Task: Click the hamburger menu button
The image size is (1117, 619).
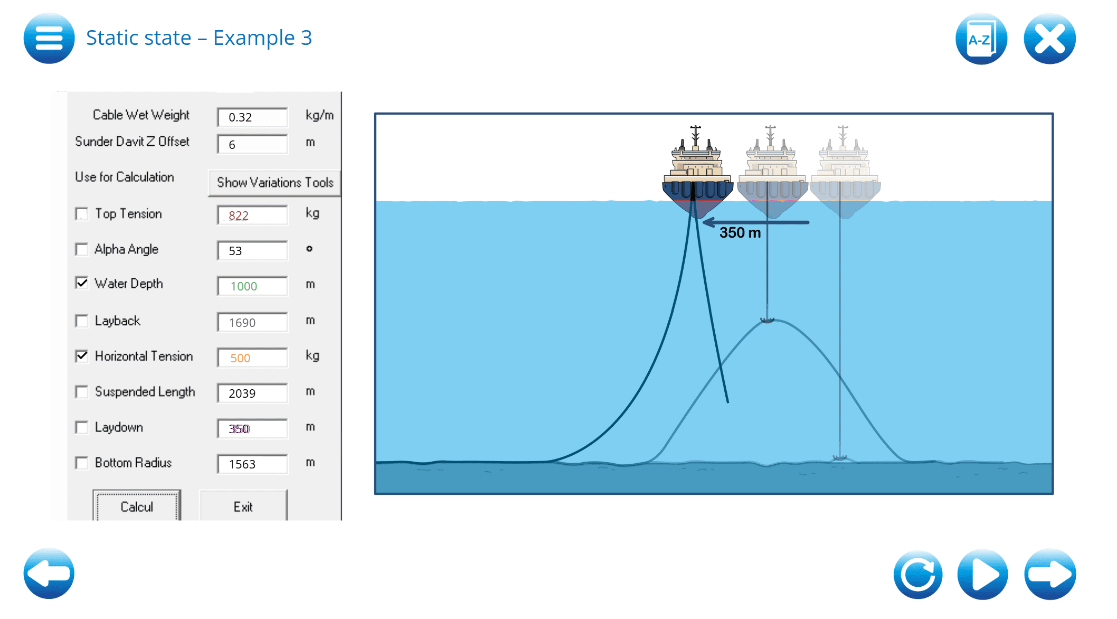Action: [x=49, y=39]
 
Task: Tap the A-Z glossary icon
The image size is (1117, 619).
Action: [x=981, y=39]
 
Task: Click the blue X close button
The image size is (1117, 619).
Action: [x=1049, y=39]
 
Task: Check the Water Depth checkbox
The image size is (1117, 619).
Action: [x=82, y=283]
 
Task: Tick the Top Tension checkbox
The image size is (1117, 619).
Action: [x=82, y=214]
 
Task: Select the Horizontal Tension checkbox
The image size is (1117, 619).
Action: [x=82, y=356]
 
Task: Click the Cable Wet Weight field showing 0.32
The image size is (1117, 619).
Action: [x=252, y=117]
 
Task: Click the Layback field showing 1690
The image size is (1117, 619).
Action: [x=252, y=322]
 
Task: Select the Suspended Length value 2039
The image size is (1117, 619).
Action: [x=252, y=393]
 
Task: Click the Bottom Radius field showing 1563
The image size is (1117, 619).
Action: [x=252, y=464]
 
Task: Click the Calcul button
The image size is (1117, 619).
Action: [x=137, y=507]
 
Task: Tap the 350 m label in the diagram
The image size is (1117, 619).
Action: [x=740, y=233]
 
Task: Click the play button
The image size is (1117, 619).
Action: [x=982, y=574]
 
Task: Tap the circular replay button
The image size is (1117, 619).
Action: [x=918, y=574]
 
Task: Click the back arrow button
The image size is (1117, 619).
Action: [x=49, y=574]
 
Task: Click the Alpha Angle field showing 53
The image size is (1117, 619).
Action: [x=252, y=251]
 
